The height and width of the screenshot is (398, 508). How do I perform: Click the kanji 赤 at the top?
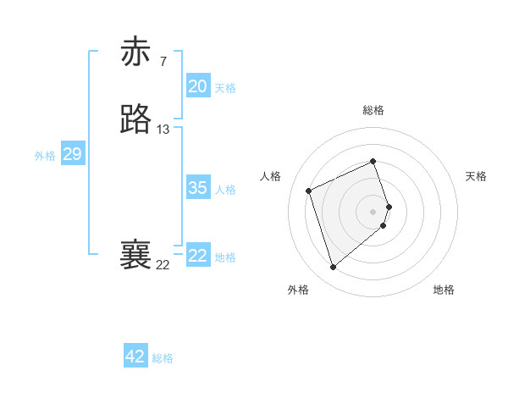click(135, 52)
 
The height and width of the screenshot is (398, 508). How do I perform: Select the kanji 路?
click(135, 119)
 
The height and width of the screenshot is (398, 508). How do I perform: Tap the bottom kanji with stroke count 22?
click(135, 255)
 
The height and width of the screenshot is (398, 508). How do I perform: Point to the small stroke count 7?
click(163, 61)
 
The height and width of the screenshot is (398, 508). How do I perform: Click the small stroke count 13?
click(163, 130)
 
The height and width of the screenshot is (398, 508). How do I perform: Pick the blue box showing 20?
click(197, 86)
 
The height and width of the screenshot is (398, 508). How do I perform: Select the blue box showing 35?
click(197, 188)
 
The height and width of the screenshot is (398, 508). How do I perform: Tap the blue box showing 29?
click(72, 154)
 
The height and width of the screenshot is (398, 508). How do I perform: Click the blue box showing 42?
click(135, 357)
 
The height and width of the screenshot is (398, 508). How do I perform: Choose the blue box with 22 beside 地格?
click(197, 256)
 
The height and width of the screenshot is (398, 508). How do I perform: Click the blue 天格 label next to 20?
click(225, 88)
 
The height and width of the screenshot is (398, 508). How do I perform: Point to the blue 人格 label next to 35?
click(225, 190)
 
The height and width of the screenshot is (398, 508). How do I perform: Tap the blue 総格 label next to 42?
click(163, 358)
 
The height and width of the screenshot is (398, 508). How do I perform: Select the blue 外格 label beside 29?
click(45, 156)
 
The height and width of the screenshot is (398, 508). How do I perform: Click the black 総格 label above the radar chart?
click(373, 110)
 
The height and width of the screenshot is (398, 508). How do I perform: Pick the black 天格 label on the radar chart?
click(476, 176)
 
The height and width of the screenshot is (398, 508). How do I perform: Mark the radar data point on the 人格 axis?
click(310, 190)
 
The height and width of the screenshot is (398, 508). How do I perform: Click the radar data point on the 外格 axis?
click(334, 268)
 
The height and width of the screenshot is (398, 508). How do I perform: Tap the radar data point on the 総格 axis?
click(373, 161)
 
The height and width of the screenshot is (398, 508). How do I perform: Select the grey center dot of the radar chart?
click(373, 210)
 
